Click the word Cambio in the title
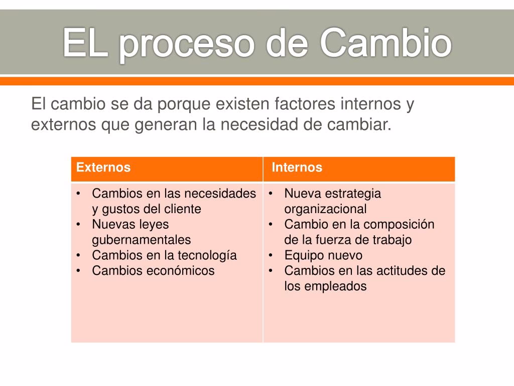point(385,43)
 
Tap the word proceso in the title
point(187,46)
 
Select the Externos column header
point(103,167)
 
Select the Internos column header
point(297,167)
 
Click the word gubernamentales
point(141,240)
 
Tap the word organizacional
point(325,209)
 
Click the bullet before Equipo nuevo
point(271,255)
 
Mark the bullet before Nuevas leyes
point(78,225)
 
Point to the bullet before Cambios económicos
point(78,271)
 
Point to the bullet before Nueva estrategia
point(271,194)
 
